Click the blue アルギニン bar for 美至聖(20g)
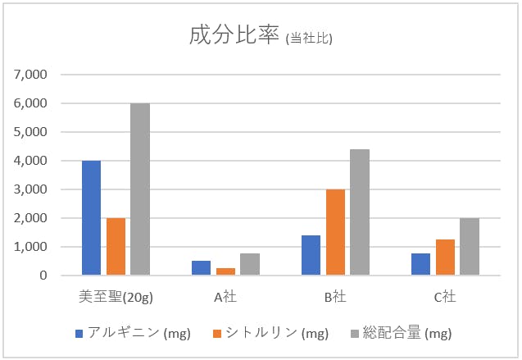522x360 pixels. pos(91,218)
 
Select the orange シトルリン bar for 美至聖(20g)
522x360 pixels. pos(116,247)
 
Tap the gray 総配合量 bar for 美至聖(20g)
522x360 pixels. pos(140,189)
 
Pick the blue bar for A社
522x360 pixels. pos(201,268)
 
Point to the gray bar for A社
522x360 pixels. pos(250,265)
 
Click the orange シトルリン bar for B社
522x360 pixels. pos(335,232)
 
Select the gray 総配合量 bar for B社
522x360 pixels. pos(360,212)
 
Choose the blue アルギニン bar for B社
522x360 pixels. pos(311,255)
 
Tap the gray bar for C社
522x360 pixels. pos(470,247)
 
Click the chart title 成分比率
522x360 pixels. pos(234,35)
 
